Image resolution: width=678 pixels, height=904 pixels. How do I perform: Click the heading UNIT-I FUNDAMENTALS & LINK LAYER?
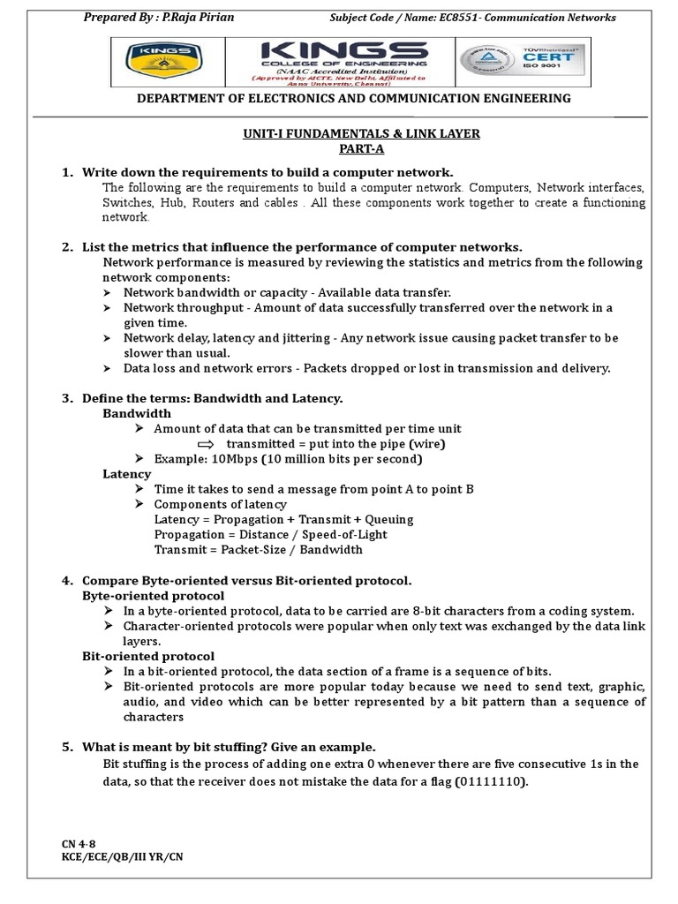tap(337, 134)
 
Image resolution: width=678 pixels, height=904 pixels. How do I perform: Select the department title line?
tap(353, 99)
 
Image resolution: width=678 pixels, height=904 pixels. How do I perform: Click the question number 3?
tap(67, 398)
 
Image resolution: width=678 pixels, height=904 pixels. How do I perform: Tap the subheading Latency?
tap(127, 474)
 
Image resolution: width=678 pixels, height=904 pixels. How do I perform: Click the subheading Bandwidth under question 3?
tap(137, 413)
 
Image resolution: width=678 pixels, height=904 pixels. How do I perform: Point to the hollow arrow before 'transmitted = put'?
tap(206, 444)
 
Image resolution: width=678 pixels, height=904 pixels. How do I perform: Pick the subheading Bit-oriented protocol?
tap(148, 656)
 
